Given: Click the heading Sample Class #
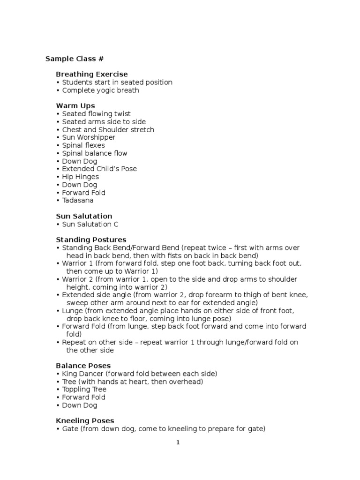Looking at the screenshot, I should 74,59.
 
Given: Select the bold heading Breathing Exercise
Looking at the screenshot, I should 91,75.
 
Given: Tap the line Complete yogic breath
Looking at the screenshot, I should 100,90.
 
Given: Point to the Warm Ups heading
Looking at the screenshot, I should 75,106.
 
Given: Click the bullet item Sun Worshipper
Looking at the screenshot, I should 89,138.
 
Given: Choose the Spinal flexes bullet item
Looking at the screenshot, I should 83,145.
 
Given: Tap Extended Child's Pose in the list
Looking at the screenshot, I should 99,169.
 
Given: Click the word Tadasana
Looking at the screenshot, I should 78,201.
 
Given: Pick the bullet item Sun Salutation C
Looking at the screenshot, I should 90,225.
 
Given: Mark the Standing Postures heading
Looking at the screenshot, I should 91,240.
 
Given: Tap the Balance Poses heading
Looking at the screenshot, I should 84,366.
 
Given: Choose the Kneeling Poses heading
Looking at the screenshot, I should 85,421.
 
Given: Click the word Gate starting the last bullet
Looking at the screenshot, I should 70,429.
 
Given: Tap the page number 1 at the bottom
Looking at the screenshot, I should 178,443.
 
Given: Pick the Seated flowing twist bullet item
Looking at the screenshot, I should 96,114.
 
